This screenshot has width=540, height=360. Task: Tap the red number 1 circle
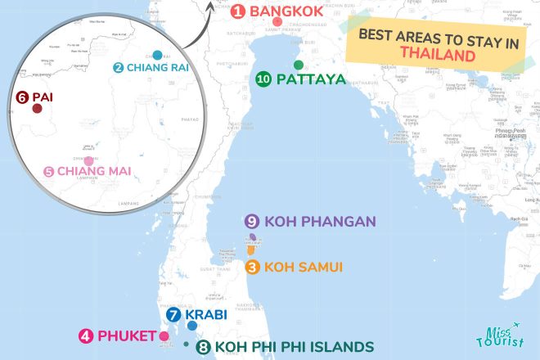238,11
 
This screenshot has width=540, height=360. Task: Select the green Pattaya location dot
299,65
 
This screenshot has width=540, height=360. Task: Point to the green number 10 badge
263,79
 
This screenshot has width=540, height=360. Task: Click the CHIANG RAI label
157,67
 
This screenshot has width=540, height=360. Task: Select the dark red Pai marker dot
37,107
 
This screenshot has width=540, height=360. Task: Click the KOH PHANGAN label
320,221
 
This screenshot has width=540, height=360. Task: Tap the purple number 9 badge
252,221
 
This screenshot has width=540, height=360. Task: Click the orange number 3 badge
253,267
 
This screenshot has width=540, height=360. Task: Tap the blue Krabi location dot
192,326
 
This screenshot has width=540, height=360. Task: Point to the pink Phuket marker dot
164,335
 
